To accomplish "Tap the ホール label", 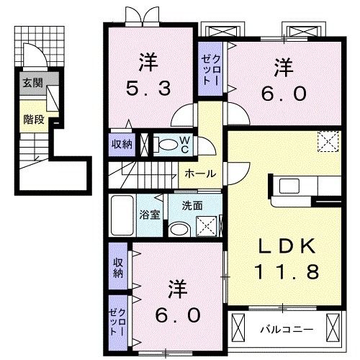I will click(197, 174).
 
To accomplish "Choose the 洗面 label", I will click(192, 205).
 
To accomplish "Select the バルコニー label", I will click(286, 329).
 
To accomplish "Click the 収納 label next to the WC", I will click(122, 144).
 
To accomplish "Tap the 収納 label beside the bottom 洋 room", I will click(117, 267).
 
